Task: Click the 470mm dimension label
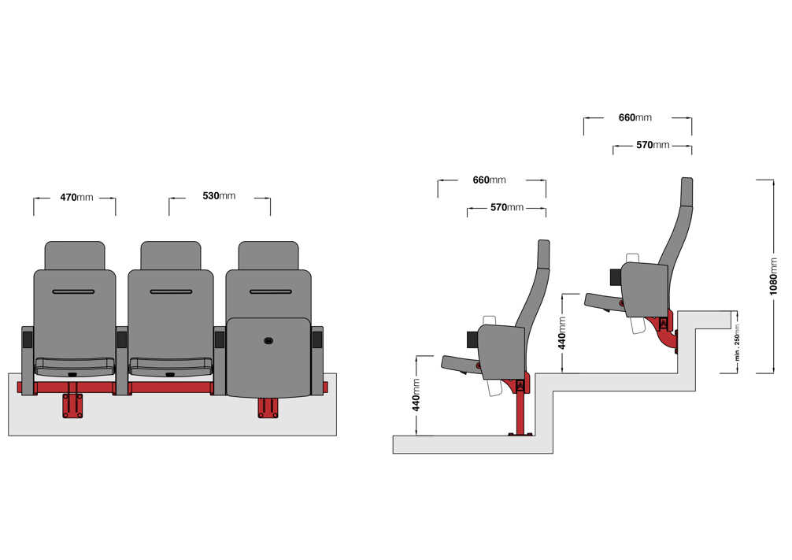point(77,197)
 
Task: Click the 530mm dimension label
point(219,195)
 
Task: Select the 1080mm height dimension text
point(773,276)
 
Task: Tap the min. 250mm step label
point(737,341)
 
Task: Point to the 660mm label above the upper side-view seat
point(635,117)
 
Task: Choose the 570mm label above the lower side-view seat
point(507,207)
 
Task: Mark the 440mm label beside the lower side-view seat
point(416,395)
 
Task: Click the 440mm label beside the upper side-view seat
point(561,333)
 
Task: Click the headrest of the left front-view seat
point(75,255)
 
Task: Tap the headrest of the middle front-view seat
point(171,255)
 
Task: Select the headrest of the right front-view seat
point(268,255)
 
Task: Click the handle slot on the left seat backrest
point(73,291)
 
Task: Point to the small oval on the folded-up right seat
point(268,341)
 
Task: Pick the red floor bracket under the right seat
point(268,408)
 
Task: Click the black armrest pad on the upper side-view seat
point(616,276)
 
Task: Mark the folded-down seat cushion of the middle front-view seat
point(171,366)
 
